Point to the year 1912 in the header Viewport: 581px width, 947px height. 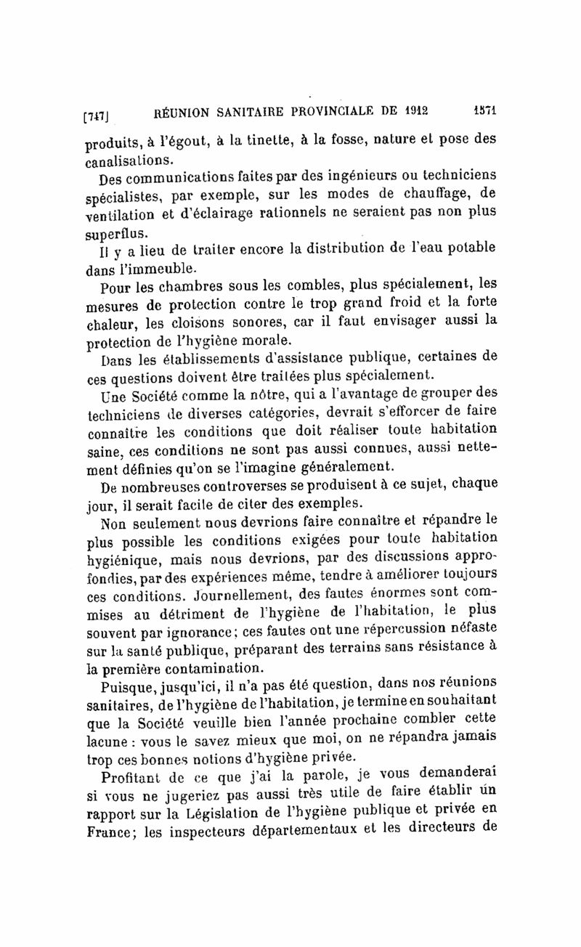point(414,111)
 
